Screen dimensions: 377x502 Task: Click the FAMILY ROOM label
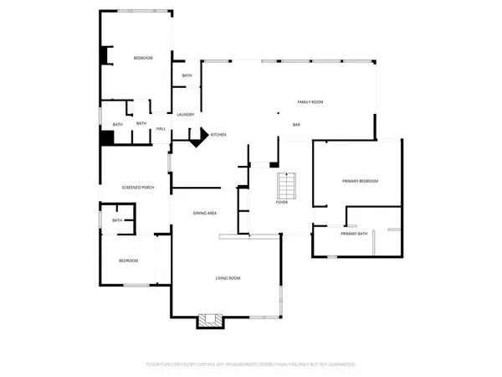(x=310, y=102)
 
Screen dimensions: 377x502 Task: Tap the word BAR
(x=296, y=125)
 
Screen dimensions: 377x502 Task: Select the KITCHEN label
(x=218, y=135)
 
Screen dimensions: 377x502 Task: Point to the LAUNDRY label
(x=186, y=115)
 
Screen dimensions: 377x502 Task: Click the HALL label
(x=161, y=129)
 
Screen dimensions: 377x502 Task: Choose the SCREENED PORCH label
(x=138, y=187)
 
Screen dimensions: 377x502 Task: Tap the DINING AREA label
(x=205, y=214)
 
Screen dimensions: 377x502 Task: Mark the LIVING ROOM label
(x=228, y=278)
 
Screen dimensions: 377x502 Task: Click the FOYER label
(x=283, y=203)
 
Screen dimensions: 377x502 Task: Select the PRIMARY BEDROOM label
(x=360, y=181)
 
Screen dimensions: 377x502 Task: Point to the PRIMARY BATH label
(x=354, y=234)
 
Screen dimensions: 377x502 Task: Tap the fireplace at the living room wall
(x=211, y=320)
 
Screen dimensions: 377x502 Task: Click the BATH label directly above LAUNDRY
(x=187, y=76)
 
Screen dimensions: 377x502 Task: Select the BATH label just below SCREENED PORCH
(x=117, y=221)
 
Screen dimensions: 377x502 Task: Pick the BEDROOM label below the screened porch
(x=128, y=261)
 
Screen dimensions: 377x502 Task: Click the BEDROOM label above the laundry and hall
(x=143, y=58)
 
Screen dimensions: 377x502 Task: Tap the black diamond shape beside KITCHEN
(x=198, y=138)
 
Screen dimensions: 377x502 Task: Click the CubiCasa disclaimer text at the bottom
(x=251, y=364)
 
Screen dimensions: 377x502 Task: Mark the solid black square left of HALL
(x=107, y=138)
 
